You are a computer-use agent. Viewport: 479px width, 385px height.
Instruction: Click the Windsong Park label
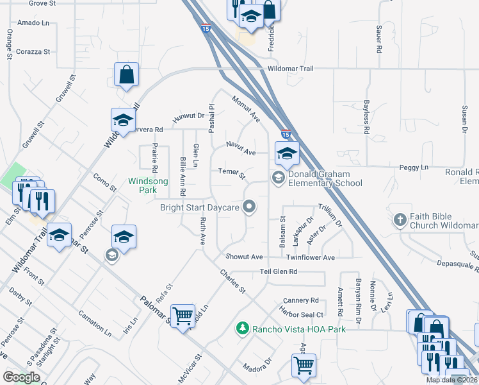(x=148, y=185)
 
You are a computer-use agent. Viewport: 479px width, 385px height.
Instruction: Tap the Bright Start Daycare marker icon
(x=250, y=207)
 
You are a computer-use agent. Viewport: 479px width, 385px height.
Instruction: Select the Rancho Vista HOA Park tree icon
(x=243, y=329)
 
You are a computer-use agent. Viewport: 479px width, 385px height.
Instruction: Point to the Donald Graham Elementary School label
(x=325, y=178)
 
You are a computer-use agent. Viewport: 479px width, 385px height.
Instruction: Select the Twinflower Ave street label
(x=311, y=257)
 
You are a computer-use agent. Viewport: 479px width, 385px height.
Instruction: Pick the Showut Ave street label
(x=244, y=257)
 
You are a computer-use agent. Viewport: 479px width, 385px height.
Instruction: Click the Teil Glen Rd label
(x=279, y=271)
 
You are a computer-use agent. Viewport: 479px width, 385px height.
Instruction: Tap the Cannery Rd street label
(x=301, y=300)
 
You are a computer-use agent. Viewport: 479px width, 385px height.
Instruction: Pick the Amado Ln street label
(x=33, y=22)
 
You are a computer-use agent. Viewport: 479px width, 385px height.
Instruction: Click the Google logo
(x=21, y=377)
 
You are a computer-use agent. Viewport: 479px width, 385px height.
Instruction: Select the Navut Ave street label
(x=241, y=149)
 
